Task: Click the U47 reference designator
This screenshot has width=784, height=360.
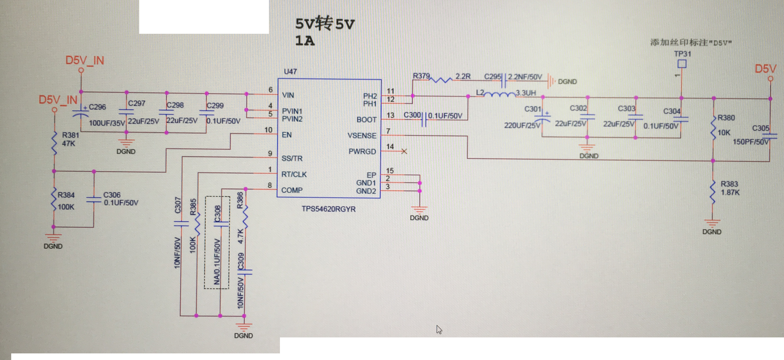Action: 290,72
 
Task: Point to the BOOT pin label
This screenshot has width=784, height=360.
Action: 367,120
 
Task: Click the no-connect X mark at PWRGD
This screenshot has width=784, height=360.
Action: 404,151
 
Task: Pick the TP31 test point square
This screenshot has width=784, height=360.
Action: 682,64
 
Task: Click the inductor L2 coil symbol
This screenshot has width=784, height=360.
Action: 499,94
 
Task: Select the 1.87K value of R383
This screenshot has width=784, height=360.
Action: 730,192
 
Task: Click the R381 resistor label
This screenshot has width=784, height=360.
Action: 70,135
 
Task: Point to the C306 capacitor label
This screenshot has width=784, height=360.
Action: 112,195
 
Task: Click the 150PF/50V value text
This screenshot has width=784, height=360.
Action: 751,142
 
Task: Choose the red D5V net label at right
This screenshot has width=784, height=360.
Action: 765,69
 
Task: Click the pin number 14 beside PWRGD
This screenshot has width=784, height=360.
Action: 390,147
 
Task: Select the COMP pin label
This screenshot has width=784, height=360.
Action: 292,190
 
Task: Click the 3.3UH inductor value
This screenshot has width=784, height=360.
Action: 526,93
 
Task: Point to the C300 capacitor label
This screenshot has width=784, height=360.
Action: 412,115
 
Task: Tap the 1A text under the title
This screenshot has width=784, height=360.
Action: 305,40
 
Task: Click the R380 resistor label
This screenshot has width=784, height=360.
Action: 726,118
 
